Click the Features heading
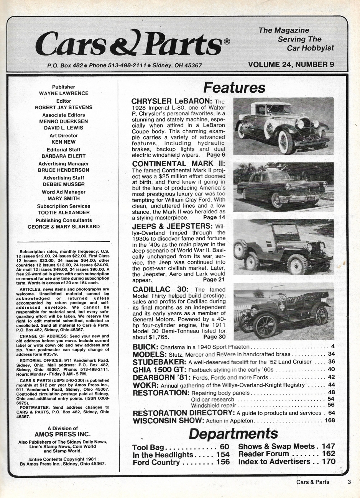pyautogui.click(x=234, y=88)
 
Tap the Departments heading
pyautogui.click(x=233, y=434)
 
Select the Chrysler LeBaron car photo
pyautogui.click(x=283, y=126)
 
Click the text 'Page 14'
pyautogui.click(x=214, y=218)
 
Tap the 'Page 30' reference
pyautogui.click(x=214, y=337)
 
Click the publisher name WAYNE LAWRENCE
pyautogui.click(x=64, y=93)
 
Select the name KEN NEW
pyautogui.click(x=64, y=142)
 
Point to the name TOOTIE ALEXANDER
pyautogui.click(x=64, y=213)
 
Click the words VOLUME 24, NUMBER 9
pyautogui.click(x=291, y=64)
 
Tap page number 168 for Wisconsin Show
pyautogui.click(x=329, y=420)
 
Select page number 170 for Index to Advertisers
pyautogui.click(x=329, y=462)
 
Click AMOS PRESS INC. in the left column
pyautogui.click(x=62, y=434)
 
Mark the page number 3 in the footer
pyautogui.click(x=349, y=482)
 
